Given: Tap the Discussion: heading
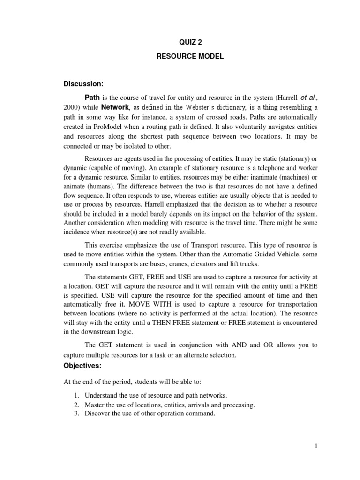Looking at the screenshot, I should point(83,84).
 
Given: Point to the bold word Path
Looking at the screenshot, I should point(93,98).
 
